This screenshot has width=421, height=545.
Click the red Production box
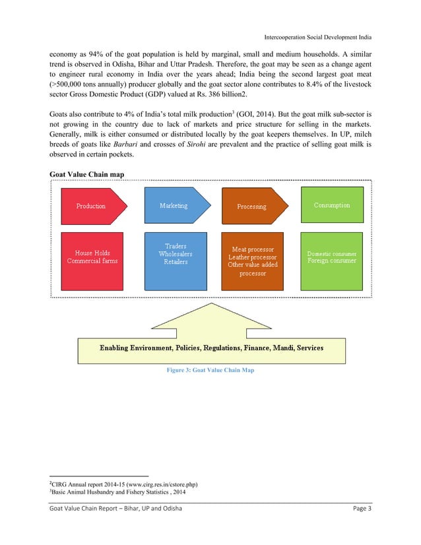point(90,206)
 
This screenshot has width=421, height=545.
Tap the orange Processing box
point(251,206)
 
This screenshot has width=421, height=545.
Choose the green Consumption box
point(332,205)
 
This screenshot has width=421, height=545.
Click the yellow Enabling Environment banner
point(211,347)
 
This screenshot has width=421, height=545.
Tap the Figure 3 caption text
point(210,370)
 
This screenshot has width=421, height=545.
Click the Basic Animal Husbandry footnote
point(115,492)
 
